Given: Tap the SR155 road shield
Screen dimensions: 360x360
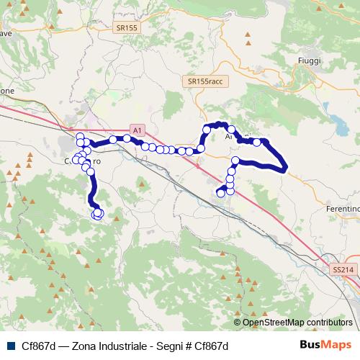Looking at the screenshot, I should point(127,28).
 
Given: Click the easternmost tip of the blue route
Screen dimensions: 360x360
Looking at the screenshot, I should point(287,168).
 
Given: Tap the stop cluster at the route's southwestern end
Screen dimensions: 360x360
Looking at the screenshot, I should point(97,214).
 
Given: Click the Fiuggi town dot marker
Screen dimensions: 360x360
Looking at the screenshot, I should point(305,50).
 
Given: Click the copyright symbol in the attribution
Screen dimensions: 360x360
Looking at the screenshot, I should point(238,323).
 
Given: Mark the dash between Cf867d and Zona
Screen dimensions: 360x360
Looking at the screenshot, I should point(63,346).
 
